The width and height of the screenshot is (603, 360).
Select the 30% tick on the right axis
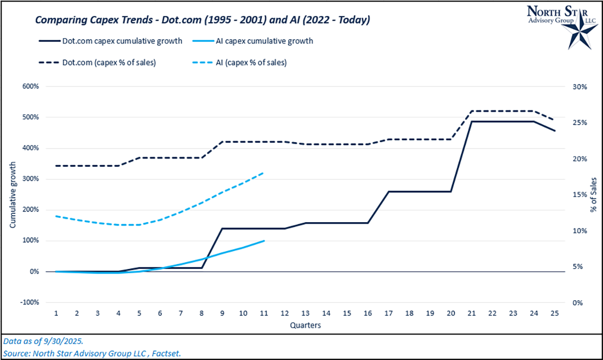click(x=579, y=86)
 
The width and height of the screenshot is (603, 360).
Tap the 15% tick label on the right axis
click(x=579, y=195)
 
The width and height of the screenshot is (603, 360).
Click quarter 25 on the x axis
click(x=555, y=313)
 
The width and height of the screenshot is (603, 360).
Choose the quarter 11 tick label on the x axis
click(x=264, y=313)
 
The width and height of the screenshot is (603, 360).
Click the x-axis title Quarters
click(x=306, y=325)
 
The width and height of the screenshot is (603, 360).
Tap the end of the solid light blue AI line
click(x=264, y=241)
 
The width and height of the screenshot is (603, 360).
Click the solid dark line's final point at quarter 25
click(x=555, y=131)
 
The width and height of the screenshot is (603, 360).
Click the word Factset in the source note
click(x=166, y=353)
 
